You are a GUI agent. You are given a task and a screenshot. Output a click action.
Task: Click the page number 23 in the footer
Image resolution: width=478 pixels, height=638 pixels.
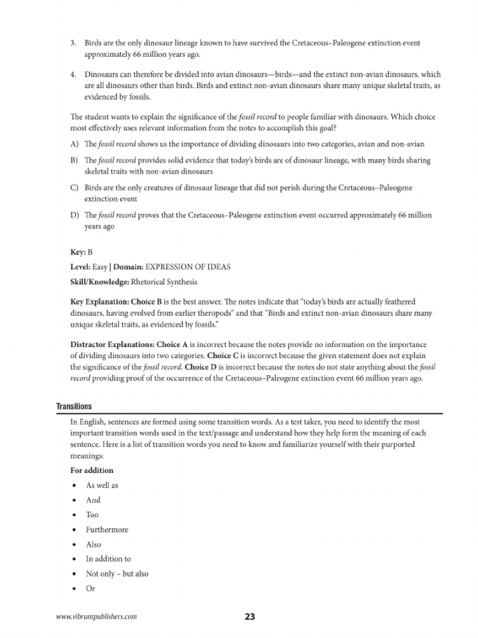(250, 617)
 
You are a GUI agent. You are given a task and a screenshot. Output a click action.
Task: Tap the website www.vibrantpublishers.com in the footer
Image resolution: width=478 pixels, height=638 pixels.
(96, 617)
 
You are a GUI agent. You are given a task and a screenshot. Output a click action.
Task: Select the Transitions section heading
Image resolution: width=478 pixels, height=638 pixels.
(74, 406)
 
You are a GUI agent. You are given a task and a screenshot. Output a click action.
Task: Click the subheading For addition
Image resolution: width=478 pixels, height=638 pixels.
(92, 470)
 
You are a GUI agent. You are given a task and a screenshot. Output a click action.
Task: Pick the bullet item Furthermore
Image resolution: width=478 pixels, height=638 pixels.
(107, 530)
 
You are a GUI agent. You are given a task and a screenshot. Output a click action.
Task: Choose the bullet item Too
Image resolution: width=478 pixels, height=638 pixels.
(92, 515)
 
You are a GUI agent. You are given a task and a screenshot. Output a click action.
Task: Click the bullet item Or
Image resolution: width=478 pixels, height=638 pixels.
(90, 589)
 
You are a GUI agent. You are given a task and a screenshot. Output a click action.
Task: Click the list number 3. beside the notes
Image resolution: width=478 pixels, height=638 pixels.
(73, 43)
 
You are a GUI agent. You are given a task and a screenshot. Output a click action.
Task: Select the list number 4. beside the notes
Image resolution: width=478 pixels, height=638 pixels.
(73, 75)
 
